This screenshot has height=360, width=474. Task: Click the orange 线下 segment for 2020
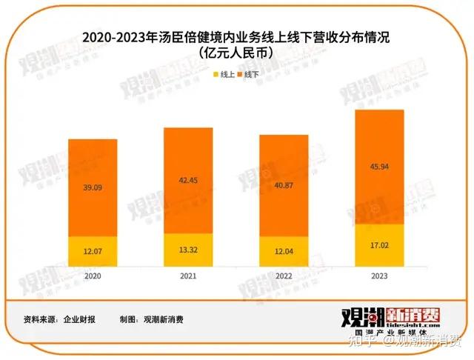click(93, 187)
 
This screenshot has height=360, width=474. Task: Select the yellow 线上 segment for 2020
click(93, 251)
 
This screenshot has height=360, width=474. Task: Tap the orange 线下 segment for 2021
click(189, 181)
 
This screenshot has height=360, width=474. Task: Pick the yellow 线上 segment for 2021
click(189, 250)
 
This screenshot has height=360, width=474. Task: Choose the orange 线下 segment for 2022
click(284, 185)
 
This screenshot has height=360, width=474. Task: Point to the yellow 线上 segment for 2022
click(284, 252)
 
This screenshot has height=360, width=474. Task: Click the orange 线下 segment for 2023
click(379, 167)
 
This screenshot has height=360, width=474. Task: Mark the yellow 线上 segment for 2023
click(379, 245)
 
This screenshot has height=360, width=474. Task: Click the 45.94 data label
click(379, 167)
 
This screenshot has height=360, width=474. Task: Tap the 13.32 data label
click(189, 250)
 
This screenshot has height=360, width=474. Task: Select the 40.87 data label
click(284, 185)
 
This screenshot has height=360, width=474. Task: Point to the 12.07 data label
click(93, 252)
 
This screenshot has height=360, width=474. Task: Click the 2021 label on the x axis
click(189, 275)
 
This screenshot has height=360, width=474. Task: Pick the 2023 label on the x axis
click(379, 275)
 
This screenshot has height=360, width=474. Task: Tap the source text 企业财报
click(79, 319)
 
